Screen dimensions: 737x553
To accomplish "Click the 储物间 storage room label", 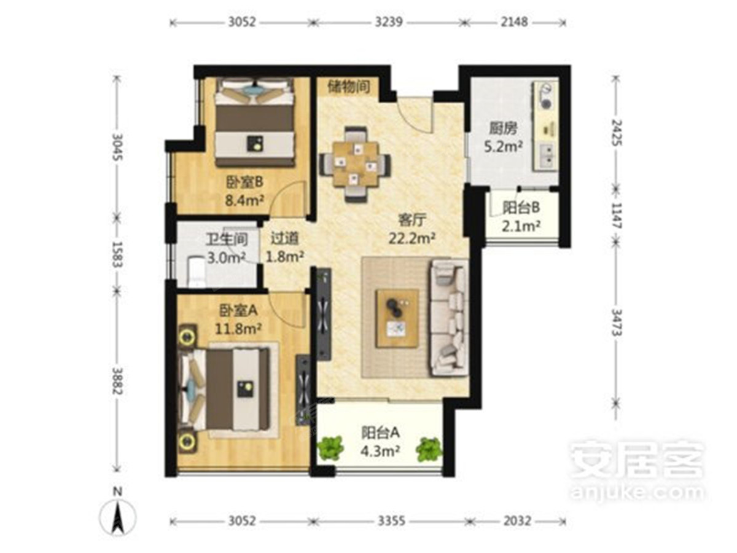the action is click(349, 87).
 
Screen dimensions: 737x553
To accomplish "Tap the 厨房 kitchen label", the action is click(502, 128).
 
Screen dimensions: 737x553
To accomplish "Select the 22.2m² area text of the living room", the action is click(411, 238).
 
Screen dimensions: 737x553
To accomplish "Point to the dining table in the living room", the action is click(355, 164).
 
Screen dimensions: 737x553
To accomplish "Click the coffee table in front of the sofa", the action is click(397, 318).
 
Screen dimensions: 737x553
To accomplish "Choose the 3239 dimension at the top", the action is click(389, 22).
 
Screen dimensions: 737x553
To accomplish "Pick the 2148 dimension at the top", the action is click(515, 22).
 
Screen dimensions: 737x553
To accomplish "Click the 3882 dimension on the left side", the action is click(117, 381).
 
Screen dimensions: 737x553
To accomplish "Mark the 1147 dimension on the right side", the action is click(616, 216).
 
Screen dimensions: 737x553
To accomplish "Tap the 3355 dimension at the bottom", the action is click(391, 521).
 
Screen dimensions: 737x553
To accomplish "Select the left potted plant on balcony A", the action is click(330, 448).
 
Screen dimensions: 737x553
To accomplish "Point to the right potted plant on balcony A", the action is click(429, 449).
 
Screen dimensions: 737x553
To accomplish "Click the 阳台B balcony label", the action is click(521, 208).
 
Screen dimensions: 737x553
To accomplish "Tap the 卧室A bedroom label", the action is click(238, 310).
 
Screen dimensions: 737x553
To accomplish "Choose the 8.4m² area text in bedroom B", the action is click(244, 200).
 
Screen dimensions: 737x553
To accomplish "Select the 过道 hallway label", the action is click(284, 238).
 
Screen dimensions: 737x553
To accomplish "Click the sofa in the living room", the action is click(449, 318).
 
